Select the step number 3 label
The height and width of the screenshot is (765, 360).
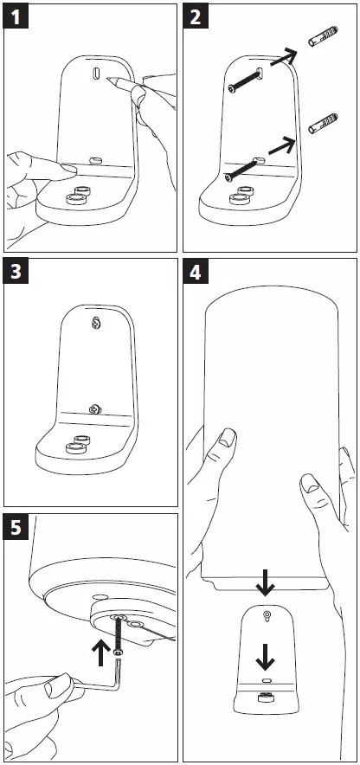[x=16, y=271]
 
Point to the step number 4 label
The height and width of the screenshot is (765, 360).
[x=196, y=271]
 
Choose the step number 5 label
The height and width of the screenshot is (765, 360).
[x=16, y=528]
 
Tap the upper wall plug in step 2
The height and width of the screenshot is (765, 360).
[x=323, y=36]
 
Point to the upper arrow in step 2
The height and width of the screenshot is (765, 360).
[x=283, y=58]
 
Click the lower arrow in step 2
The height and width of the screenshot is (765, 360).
[x=282, y=145]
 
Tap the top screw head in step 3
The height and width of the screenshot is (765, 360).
[x=98, y=323]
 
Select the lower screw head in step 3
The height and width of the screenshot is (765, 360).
[x=94, y=408]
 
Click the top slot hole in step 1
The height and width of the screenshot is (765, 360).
[x=95, y=74]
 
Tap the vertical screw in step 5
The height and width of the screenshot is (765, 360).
[x=116, y=634]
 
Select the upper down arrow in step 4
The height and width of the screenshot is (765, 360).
[x=265, y=583]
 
